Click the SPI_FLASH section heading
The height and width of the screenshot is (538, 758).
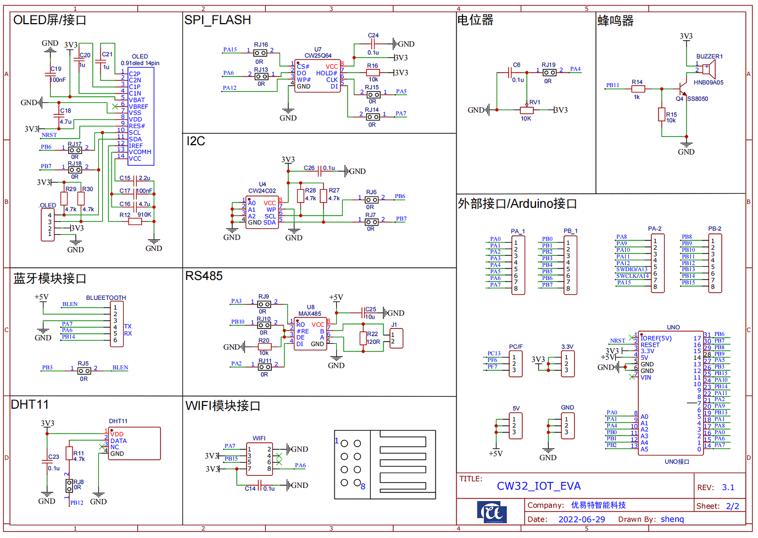[218, 20]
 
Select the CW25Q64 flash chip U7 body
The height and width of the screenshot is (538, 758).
[317, 76]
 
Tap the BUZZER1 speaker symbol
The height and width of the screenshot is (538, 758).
[709, 69]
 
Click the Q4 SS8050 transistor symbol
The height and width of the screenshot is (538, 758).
[682, 88]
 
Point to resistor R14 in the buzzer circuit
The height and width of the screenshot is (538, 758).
[637, 89]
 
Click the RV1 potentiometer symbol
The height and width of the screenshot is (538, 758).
[526, 110]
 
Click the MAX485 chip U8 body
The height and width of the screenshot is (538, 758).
[310, 334]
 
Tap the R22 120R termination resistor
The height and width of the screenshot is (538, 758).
[366, 338]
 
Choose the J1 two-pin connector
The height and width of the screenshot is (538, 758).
[396, 338]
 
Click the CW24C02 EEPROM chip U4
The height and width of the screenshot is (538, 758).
[262, 212]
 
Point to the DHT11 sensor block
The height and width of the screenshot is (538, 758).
[135, 443]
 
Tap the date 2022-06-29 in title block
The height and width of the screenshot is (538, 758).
[581, 519]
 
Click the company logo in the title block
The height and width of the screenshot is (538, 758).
[492, 512]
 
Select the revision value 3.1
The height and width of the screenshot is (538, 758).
[728, 487]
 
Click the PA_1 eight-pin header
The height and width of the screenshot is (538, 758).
[518, 265]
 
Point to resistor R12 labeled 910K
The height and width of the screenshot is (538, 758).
[135, 222]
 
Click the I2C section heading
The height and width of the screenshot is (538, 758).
[196, 141]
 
